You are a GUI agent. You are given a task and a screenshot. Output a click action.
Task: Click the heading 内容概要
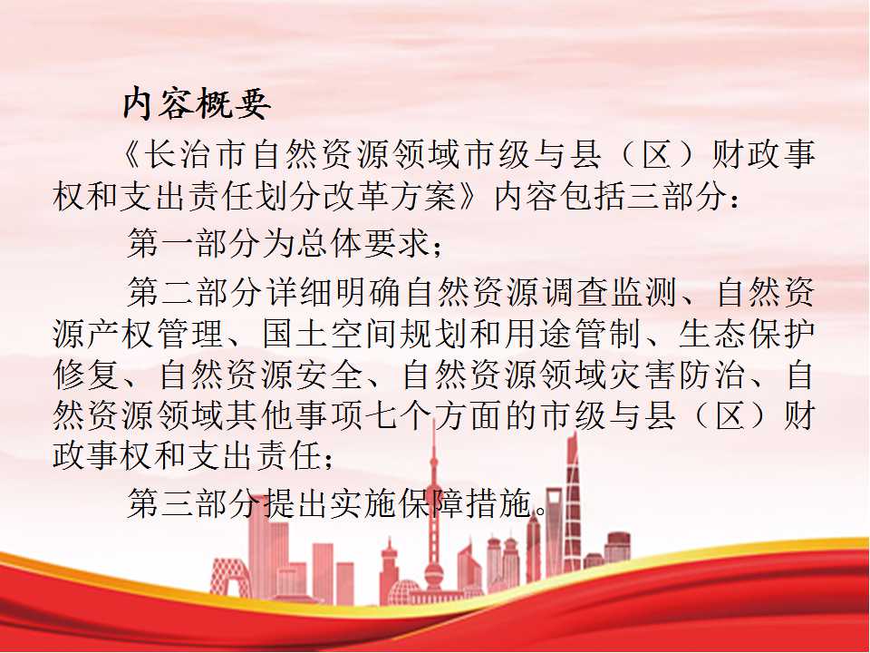click(x=197, y=103)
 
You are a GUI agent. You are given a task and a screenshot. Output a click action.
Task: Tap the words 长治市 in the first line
click(x=196, y=154)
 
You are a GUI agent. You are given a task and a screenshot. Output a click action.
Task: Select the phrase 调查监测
click(x=610, y=291)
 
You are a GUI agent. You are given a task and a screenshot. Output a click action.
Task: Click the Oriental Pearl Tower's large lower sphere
click(x=434, y=570)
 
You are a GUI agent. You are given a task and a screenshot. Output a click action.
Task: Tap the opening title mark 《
click(x=131, y=154)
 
